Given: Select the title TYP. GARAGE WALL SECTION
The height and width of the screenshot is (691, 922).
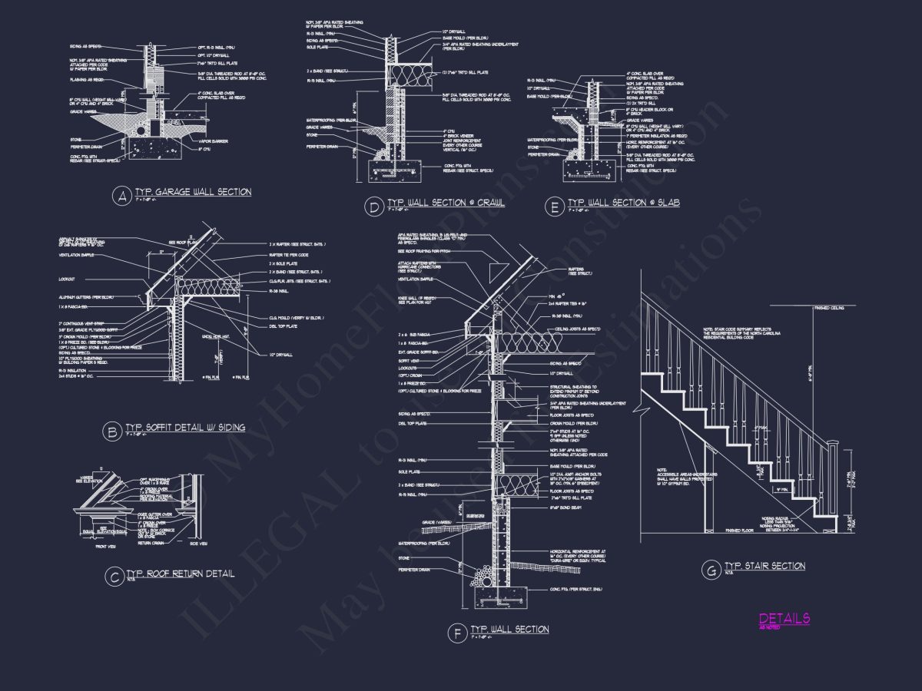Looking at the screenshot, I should pyautogui.click(x=192, y=192).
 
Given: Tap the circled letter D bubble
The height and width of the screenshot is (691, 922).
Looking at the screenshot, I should pyautogui.click(x=373, y=207).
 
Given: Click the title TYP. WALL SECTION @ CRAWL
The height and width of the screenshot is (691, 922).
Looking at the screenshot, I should pyautogui.click(x=445, y=203).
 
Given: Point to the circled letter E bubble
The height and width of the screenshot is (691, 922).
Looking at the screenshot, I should pyautogui.click(x=554, y=207).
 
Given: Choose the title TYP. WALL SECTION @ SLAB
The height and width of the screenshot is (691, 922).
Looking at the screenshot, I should pyautogui.click(x=623, y=203).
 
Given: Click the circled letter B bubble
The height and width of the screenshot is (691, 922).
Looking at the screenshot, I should pyautogui.click(x=112, y=432).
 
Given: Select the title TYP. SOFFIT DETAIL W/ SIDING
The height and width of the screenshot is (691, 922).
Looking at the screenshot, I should pyautogui.click(x=184, y=428).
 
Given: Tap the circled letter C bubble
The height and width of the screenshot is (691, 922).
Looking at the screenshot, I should pyautogui.click(x=114, y=577).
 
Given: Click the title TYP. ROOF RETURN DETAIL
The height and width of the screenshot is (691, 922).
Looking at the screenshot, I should pyautogui.click(x=180, y=573).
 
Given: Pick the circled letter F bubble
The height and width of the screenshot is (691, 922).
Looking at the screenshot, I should pyautogui.click(x=457, y=633).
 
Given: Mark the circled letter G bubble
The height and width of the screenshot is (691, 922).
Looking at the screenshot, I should pyautogui.click(x=709, y=570).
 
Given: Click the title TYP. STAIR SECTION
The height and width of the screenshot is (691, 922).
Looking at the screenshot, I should pyautogui.click(x=764, y=566).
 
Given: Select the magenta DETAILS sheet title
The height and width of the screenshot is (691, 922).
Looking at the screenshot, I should pyautogui.click(x=784, y=618).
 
